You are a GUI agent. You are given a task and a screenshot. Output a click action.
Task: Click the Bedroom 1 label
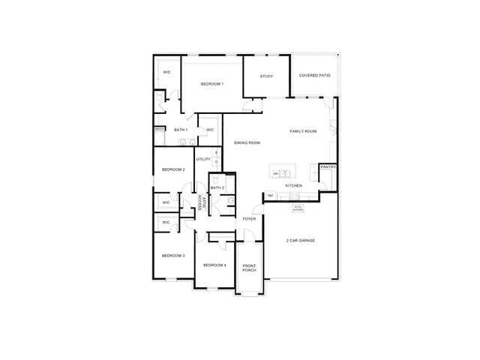click(212, 84)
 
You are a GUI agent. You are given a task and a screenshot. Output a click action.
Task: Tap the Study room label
click(266, 76)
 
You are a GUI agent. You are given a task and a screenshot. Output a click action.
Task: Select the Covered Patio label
click(314, 76)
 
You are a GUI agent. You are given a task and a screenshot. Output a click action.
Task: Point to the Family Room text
click(304, 131)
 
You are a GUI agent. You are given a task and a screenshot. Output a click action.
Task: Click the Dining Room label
click(247, 142)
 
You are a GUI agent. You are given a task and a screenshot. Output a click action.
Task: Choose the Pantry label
click(328, 167)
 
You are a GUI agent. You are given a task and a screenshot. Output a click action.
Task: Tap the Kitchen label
click(293, 185)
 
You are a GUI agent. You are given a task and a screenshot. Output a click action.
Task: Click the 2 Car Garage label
click(300, 241)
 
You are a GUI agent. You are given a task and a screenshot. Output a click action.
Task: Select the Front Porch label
click(250, 268)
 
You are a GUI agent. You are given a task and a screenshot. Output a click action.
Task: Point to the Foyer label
click(249, 219)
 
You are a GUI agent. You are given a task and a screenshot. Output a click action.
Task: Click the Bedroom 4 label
click(214, 265)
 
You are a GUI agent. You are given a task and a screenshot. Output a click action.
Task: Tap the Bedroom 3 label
click(173, 256)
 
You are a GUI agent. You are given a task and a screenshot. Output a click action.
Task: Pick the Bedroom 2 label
click(173, 169)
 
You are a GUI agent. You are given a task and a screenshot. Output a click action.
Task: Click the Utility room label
click(202, 159)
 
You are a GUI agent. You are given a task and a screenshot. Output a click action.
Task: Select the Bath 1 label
click(181, 130)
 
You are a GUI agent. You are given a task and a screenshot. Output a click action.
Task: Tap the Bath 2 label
click(217, 187)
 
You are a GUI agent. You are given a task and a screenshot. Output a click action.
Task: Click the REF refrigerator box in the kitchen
click(270, 196)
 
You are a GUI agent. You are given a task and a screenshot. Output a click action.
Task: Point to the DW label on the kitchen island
click(277, 174)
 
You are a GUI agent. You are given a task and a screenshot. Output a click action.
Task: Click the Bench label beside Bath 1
click(159, 130)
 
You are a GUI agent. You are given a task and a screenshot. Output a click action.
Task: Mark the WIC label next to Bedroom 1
click(166, 72)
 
